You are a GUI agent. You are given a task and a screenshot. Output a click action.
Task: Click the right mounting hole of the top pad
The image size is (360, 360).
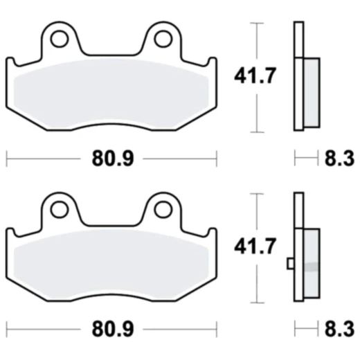point(163,38)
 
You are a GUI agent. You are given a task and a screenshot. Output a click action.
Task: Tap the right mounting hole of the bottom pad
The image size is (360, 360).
point(163,208)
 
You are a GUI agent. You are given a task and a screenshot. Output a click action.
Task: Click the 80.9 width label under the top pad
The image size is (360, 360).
point(111,159)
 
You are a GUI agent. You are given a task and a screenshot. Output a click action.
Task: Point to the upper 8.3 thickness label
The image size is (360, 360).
point(339,159)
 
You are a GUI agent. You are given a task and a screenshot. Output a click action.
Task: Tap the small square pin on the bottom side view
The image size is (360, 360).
point(291,263)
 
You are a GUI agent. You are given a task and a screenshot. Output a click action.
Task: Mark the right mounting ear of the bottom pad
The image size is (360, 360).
point(163,212)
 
